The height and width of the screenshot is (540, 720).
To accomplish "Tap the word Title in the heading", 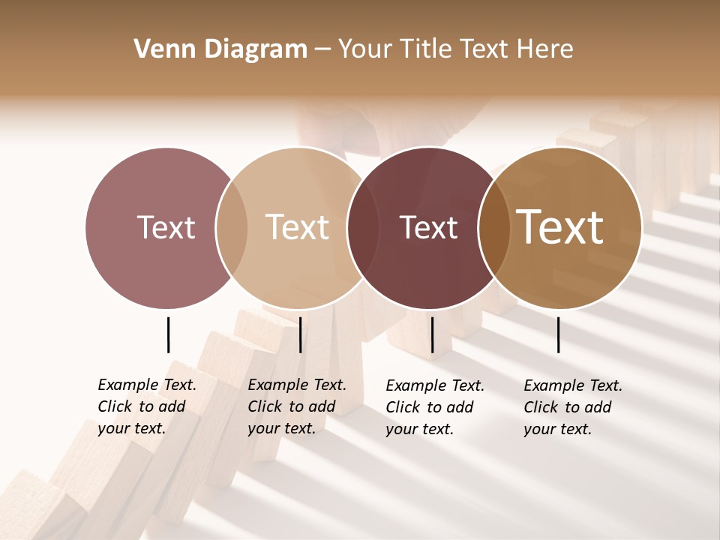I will click(425, 49).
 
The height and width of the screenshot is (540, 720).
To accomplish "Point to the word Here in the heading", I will click(545, 49).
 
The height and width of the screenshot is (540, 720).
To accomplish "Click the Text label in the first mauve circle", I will click(166, 227).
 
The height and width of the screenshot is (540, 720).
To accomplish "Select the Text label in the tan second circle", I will click(298, 227).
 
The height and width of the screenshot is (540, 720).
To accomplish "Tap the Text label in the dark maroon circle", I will click(428, 228).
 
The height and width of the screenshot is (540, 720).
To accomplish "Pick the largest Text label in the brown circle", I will click(560, 227).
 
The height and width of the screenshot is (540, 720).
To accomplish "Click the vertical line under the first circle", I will click(168, 334).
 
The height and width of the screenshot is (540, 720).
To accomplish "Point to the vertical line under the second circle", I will click(300, 334).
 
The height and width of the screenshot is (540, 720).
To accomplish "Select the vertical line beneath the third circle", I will click(432, 334).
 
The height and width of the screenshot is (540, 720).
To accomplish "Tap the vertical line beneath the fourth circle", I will click(559, 334).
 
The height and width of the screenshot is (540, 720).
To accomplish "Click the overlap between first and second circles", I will click(232, 228).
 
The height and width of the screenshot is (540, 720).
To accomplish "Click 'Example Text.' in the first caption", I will click(147, 385).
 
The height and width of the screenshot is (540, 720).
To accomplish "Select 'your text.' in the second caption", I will click(281, 428).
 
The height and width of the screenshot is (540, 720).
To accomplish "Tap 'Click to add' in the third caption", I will click(429, 407).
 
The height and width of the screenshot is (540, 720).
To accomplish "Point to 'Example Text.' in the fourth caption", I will click(573, 385).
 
